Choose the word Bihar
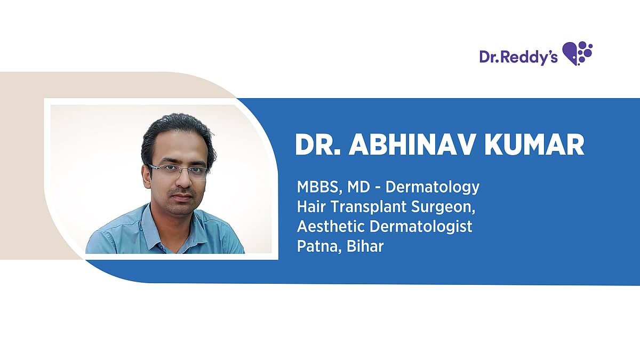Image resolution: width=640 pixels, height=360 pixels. [365, 246]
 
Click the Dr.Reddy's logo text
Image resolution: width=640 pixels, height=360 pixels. [518, 57]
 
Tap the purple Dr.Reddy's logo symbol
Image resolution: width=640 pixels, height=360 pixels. [577, 53]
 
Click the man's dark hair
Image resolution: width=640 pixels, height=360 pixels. [177, 134]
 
